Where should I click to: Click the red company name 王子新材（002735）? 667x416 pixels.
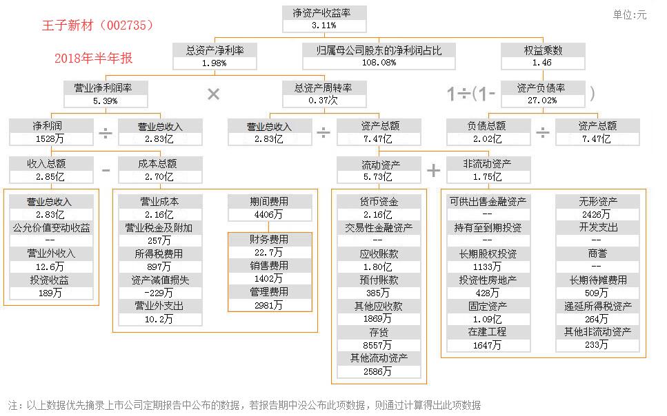tap(98, 25)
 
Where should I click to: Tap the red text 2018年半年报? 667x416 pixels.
tap(94, 59)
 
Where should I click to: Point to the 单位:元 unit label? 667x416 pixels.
tap(630, 15)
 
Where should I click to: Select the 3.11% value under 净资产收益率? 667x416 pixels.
tap(323, 25)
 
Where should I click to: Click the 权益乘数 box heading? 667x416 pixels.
tap(544, 50)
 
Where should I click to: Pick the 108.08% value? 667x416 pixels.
tap(379, 63)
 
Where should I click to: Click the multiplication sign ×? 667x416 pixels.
tap(214, 94)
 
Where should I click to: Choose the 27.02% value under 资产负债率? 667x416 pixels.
tap(542, 101)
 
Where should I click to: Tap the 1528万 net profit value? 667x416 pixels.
tap(50, 139)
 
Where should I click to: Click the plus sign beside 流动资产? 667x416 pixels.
tap(433, 170)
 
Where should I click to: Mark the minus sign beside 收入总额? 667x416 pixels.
tap(106, 170)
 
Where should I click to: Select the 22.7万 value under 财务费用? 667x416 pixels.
tap(268, 252)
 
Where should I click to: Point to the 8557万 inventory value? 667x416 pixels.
tap(377, 345)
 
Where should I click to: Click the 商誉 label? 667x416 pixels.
tap(597, 253)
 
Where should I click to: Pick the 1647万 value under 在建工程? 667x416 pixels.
tap(487, 346)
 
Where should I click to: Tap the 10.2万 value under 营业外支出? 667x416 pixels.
tap(159, 319)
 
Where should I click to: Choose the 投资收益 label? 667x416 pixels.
tap(50, 280)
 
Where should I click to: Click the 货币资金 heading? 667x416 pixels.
tap(379, 201)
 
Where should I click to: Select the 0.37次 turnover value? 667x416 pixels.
tap(323, 101)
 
